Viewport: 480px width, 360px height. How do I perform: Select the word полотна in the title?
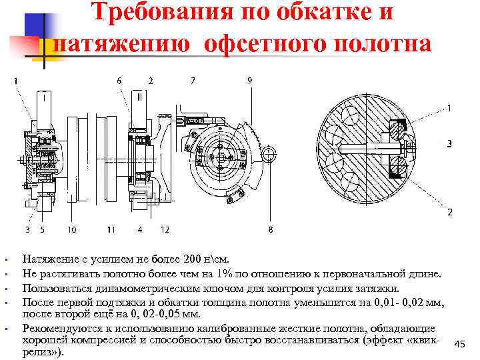[380, 42]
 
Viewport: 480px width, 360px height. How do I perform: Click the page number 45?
[459, 343]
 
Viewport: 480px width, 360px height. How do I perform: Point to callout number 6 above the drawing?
[119, 81]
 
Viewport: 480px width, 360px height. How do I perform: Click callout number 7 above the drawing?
[193, 81]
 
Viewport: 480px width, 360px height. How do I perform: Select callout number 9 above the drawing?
[249, 81]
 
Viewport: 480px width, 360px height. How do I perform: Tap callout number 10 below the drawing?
[71, 230]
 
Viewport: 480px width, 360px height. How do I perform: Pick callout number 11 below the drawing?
[111, 230]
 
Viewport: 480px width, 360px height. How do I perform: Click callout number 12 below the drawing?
[165, 230]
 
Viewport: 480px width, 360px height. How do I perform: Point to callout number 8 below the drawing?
[270, 230]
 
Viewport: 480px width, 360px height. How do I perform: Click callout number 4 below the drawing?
[139, 230]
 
